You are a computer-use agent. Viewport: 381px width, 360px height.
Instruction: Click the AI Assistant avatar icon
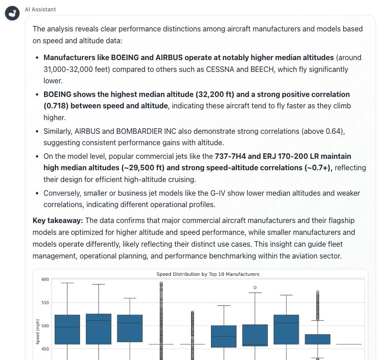tap(12, 14)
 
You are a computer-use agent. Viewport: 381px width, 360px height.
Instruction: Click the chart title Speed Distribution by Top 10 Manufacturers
tap(208, 274)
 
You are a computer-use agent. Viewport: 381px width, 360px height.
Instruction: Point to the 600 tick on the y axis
tap(45, 279)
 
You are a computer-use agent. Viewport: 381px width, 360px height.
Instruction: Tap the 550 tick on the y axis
tap(45, 303)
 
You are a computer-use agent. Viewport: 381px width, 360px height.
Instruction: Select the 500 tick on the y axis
tap(45, 326)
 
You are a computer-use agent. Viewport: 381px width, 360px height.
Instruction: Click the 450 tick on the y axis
tap(45, 349)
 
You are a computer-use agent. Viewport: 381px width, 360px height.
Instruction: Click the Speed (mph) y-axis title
tap(39, 331)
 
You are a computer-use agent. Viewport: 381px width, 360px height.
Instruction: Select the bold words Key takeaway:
tap(58, 220)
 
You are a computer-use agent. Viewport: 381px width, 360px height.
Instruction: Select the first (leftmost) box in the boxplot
tap(67, 329)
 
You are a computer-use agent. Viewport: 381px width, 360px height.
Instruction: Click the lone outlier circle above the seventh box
tap(255, 288)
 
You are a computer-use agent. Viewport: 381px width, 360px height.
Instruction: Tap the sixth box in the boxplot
tap(224, 336)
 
